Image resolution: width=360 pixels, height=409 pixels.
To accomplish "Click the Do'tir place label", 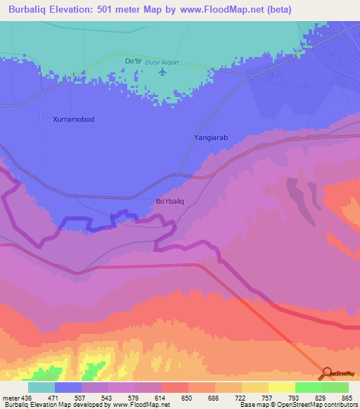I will [x=133, y=61].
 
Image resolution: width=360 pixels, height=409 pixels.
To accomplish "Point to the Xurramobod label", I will [x=73, y=119].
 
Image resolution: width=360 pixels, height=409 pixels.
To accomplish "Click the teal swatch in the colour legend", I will [x=41, y=387].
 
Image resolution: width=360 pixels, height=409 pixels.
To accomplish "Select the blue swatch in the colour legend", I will [x=67, y=387].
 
